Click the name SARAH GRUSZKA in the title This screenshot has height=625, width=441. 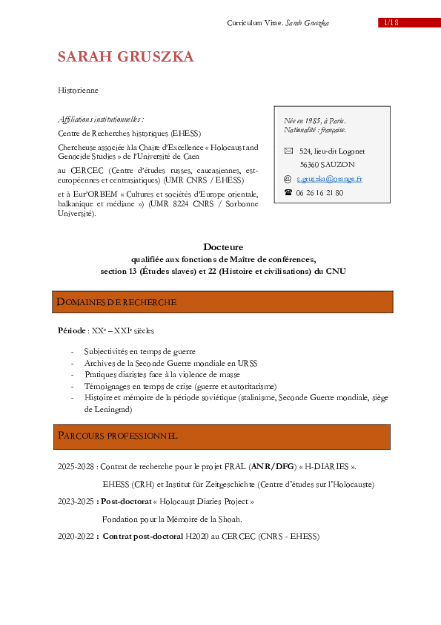click(x=126, y=57)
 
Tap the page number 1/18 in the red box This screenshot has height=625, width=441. click(x=391, y=22)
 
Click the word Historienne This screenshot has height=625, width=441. click(x=78, y=90)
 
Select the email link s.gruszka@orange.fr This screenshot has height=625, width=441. click(x=329, y=179)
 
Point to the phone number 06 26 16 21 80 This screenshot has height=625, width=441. click(x=319, y=192)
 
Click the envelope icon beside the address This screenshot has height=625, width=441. click(x=288, y=151)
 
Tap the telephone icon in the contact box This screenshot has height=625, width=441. click(x=288, y=192)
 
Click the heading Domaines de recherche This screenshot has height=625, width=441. click(x=117, y=302)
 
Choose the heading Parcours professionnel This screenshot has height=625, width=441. click(x=118, y=436)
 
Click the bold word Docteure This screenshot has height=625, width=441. click(x=223, y=246)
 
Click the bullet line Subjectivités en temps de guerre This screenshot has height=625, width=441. click(x=139, y=350)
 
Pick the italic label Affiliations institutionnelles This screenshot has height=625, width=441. click(x=100, y=118)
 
